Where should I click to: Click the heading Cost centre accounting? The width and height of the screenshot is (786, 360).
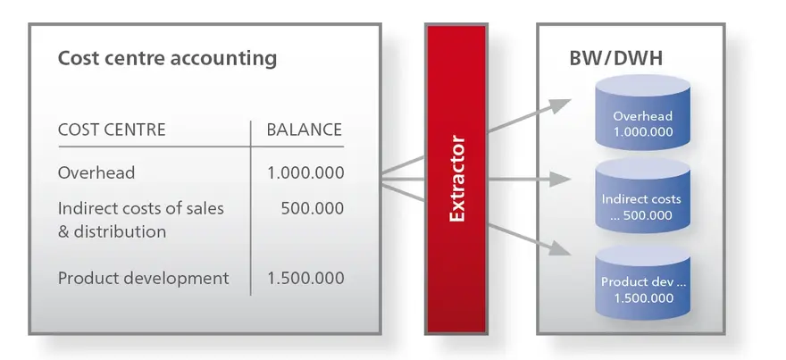167,58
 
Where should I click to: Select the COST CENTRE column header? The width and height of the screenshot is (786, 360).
112,130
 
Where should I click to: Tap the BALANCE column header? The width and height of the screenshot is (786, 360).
305,130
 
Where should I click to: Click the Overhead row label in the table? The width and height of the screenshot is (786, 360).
96,173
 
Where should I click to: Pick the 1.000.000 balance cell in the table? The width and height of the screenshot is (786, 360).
305,173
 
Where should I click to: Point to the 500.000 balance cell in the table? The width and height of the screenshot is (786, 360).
313,208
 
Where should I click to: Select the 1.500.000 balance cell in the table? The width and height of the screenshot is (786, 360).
305,279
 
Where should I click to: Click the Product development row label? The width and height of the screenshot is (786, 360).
144,279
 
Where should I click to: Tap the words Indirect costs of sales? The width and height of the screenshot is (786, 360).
141,208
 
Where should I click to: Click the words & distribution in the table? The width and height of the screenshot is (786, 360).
113,232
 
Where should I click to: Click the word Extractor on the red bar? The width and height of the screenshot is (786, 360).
457,179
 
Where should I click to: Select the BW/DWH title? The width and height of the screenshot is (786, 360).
616,59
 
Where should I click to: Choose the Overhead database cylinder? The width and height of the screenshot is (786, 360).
642,113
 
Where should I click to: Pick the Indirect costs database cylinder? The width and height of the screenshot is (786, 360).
642,196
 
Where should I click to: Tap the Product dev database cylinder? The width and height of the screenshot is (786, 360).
642,281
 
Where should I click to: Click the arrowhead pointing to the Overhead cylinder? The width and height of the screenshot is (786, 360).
559,105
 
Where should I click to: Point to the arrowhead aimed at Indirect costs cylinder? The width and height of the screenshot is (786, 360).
560,179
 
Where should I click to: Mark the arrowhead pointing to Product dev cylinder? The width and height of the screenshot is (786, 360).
559,247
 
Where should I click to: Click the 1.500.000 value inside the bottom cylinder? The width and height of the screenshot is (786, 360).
644,298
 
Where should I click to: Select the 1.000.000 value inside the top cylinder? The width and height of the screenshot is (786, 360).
644,132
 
